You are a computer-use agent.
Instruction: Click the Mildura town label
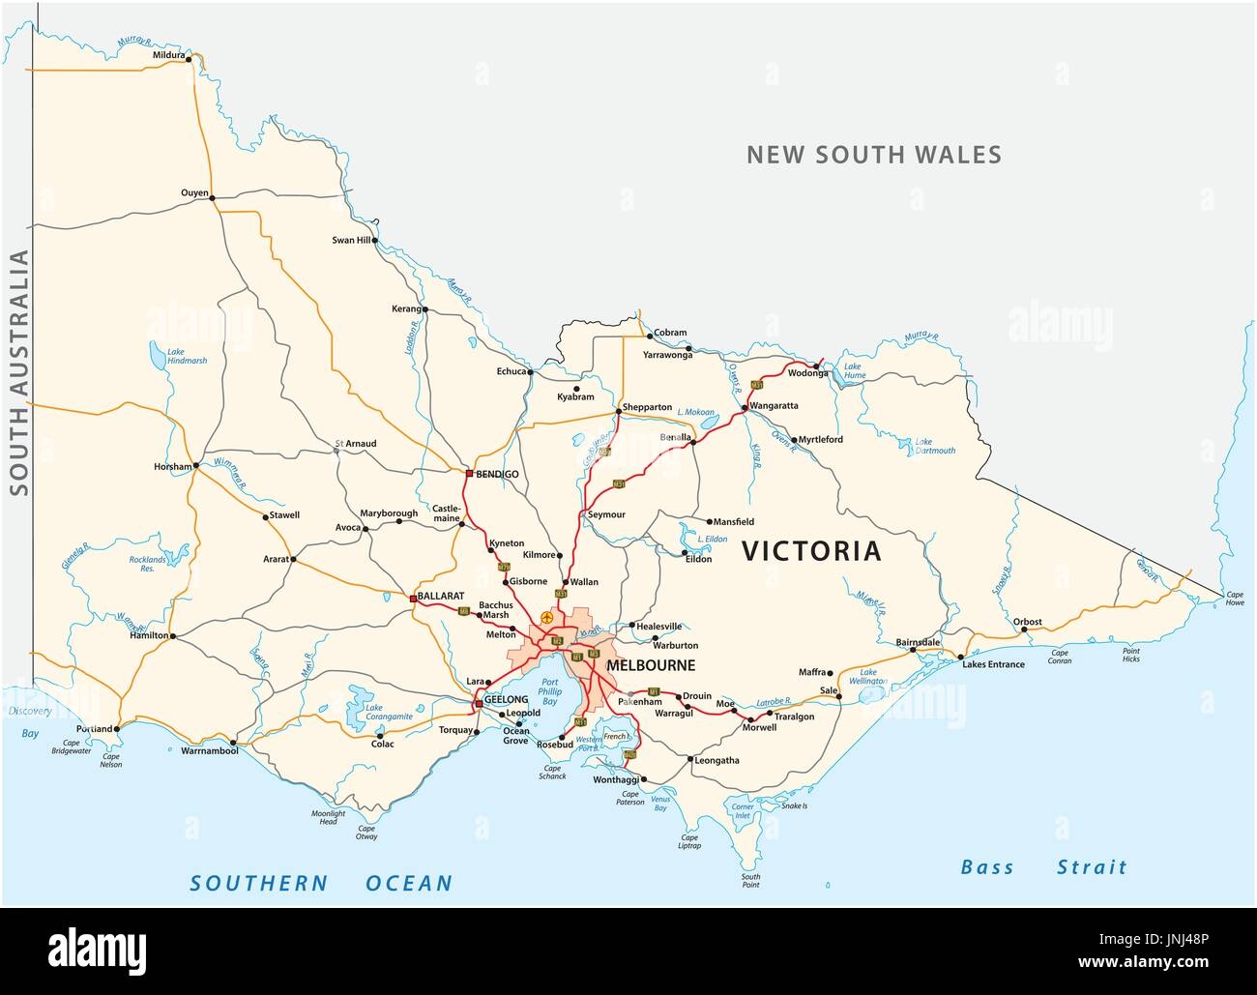[x=168, y=56]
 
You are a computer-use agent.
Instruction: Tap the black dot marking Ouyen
[x=213, y=198]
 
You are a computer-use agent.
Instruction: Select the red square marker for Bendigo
[x=469, y=474]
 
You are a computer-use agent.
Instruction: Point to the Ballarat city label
[x=442, y=596]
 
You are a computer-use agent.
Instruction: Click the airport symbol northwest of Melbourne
[x=548, y=616]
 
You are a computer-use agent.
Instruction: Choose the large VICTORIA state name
[x=811, y=551]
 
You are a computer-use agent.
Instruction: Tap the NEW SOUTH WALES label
[x=873, y=155]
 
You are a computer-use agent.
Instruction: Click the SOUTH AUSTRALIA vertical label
[x=18, y=372]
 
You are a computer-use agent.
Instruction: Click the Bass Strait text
[x=1043, y=866]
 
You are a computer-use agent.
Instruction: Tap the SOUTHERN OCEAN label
[x=321, y=882]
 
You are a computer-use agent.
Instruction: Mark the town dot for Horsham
[x=196, y=465]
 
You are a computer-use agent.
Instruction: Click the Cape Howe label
[x=1235, y=598]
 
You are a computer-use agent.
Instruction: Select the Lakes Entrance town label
[x=993, y=664]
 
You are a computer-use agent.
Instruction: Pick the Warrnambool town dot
[x=232, y=744]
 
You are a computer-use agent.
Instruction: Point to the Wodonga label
[x=808, y=373]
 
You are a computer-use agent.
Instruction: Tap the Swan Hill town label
[x=351, y=240]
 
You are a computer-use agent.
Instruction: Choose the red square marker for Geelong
[x=479, y=704]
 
